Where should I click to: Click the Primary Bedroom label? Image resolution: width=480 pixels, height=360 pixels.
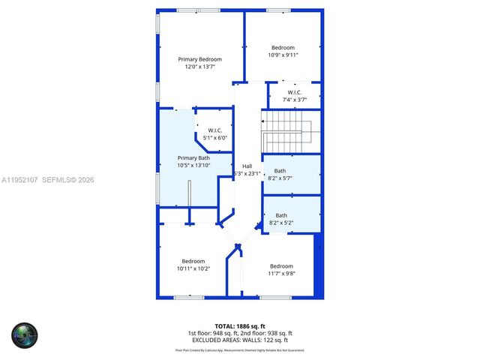[x=200, y=58]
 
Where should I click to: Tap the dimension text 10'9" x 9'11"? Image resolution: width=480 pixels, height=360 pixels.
[x=283, y=55]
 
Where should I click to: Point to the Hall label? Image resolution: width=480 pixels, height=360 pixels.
[x=247, y=166]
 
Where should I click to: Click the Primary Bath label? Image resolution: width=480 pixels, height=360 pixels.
[x=193, y=158]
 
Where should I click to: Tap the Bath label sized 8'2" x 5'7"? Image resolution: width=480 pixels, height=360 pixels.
[x=280, y=171]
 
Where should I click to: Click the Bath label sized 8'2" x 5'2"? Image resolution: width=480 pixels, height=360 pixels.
[x=280, y=216]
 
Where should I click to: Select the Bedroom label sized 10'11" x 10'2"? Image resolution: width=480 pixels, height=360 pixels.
[x=193, y=261]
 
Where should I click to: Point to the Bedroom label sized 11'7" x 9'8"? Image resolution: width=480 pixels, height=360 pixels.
[x=281, y=266]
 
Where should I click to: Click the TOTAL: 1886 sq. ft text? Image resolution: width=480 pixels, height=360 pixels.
[x=240, y=326]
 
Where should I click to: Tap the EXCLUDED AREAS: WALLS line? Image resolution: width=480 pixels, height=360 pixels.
[x=240, y=340]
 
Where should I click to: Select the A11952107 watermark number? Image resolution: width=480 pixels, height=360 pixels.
[x=18, y=180]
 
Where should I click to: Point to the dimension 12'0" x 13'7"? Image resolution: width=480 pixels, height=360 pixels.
[x=200, y=67]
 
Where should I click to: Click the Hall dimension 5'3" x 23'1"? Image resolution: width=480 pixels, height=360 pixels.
[x=247, y=174]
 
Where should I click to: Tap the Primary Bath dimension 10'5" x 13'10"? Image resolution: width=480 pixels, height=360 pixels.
[x=193, y=166]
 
